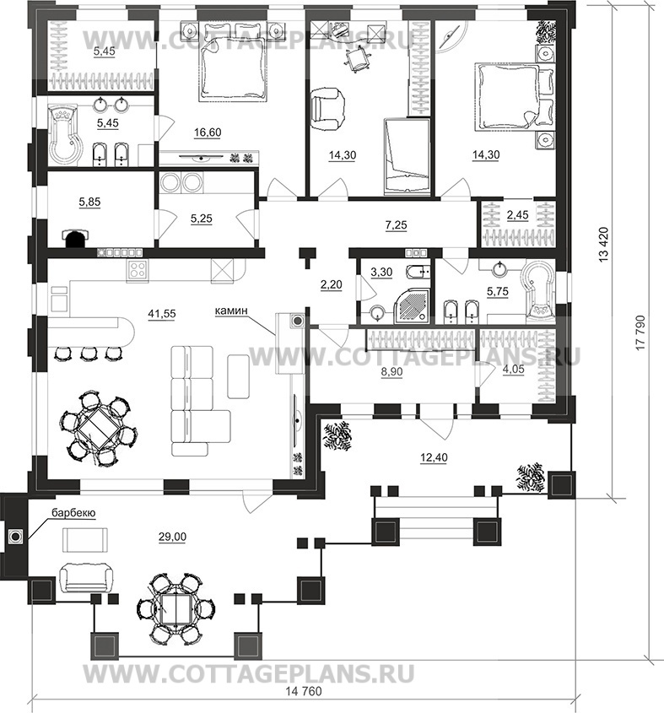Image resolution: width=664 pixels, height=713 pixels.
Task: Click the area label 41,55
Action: click(162, 313)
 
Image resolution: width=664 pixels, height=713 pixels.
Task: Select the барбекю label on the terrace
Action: click(73, 512)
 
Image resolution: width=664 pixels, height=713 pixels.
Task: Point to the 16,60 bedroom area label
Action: click(208, 132)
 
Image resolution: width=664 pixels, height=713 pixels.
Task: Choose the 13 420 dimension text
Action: click(603, 245)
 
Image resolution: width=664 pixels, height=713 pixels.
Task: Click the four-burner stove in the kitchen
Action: click(138, 271)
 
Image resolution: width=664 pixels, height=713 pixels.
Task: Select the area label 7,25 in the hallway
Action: click(397, 224)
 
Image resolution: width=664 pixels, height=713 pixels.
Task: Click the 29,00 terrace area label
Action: click(172, 537)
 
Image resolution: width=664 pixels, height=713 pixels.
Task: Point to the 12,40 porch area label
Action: click(434, 457)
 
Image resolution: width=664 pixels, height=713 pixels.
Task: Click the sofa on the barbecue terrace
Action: click(86, 577)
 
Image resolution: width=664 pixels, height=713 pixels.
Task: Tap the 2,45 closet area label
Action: click(517, 214)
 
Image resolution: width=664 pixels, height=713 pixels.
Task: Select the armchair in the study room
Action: click(327, 109)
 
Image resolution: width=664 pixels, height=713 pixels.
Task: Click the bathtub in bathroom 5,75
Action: click(538, 290)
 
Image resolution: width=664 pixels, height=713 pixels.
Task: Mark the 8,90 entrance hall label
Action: click(391, 371)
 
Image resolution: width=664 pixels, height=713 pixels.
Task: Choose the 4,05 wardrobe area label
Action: click(513, 370)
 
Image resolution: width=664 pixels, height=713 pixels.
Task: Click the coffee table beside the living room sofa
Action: click(238, 376)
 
